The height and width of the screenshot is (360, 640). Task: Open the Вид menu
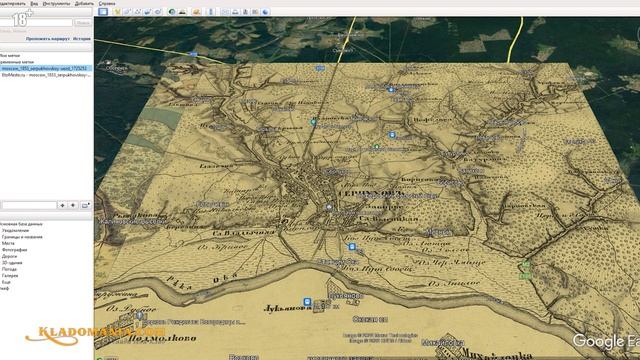tap(35, 4)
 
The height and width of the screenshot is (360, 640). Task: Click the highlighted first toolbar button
tap(103, 11)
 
